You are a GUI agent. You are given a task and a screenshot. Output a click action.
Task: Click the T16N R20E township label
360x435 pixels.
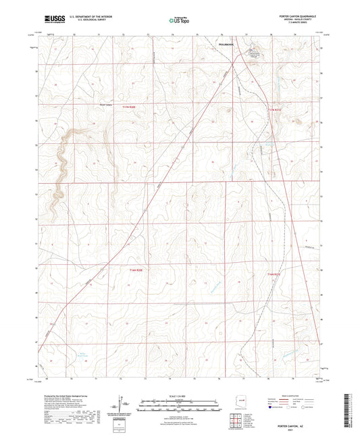click(x=135, y=269)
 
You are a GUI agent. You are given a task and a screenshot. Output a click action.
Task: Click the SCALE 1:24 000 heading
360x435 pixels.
click(x=179, y=394)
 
